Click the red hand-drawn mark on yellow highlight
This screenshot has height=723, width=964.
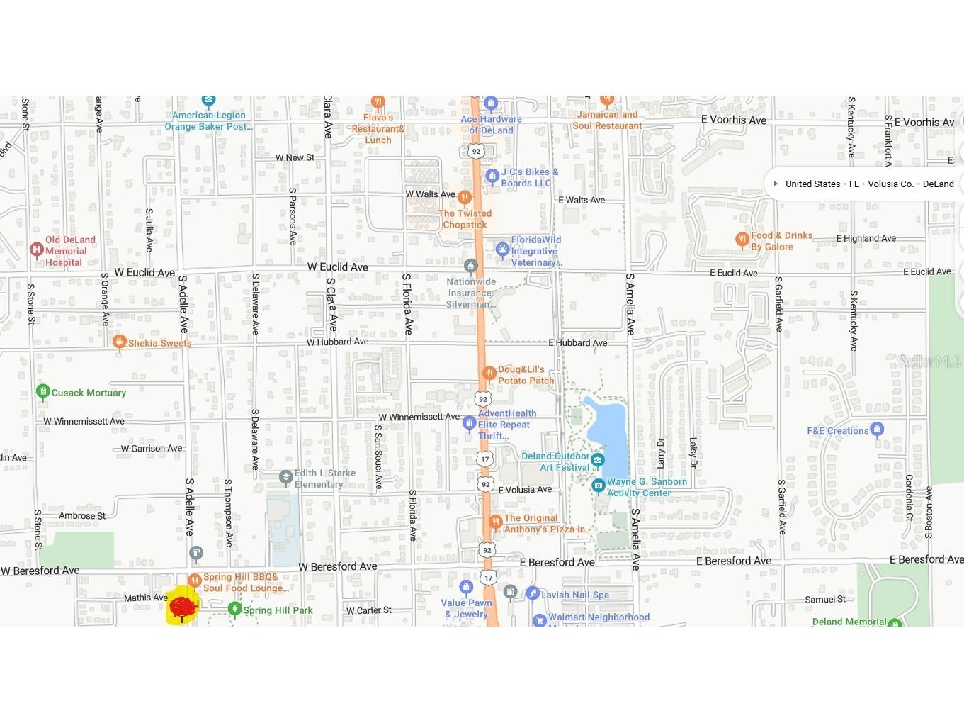(x=183, y=607)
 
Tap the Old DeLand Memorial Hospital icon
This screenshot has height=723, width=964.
(x=37, y=250)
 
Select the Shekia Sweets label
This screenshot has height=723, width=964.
(x=159, y=343)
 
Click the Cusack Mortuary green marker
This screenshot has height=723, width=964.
(x=42, y=391)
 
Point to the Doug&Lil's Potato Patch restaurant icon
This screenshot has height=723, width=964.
(x=489, y=374)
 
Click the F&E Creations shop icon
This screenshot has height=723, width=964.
(x=877, y=429)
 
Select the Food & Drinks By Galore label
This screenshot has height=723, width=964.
(x=781, y=241)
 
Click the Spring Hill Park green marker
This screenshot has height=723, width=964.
(x=234, y=609)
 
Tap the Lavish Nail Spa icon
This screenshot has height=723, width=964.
(x=533, y=593)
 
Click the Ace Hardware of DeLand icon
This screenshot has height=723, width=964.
(x=491, y=104)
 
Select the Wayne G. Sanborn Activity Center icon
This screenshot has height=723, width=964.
(x=599, y=486)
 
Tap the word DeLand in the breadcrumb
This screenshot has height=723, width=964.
(x=938, y=184)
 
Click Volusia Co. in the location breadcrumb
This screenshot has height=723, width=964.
(x=890, y=184)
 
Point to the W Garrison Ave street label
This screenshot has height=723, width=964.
(x=151, y=448)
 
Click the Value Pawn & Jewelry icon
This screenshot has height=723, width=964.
(x=466, y=587)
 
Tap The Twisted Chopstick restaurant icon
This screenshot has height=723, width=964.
(x=465, y=197)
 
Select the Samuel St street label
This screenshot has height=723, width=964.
(x=824, y=599)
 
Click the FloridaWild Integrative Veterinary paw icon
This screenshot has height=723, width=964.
(x=502, y=249)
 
